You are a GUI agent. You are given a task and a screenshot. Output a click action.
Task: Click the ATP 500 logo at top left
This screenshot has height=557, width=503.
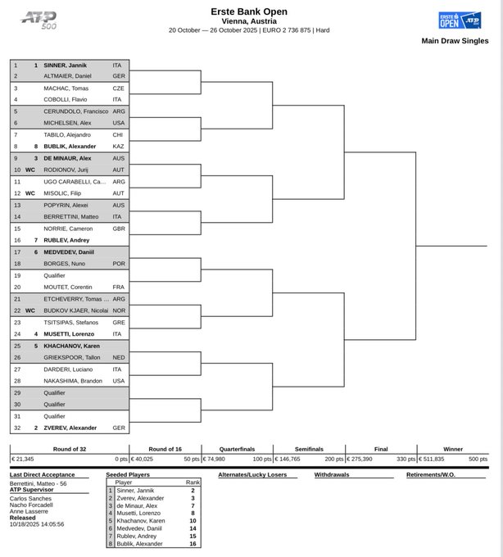(39, 20)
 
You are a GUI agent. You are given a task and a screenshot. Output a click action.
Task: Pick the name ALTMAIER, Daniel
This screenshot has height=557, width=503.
(67, 75)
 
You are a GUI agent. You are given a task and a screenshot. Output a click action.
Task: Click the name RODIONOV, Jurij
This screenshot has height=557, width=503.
(66, 170)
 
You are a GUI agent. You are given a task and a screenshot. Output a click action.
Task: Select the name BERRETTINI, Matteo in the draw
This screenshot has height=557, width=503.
(70, 216)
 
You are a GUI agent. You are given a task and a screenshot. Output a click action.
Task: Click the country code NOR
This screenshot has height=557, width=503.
(119, 310)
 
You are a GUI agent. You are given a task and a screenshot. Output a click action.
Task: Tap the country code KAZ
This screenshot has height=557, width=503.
(119, 146)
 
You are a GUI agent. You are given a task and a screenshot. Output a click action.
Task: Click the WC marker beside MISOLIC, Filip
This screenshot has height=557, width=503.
(30, 192)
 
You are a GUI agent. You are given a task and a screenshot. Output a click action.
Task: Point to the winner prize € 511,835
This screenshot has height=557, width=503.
(435, 460)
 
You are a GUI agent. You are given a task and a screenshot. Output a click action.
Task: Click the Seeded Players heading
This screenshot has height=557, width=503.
(129, 474)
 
